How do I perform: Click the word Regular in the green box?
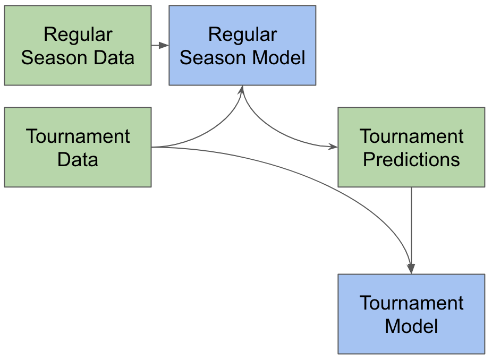(78, 35)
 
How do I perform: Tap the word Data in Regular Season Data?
(114, 58)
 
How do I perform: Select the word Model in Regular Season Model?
(278, 58)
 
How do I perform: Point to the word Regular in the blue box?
(243, 35)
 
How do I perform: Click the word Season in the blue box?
(214, 58)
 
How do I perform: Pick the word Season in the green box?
(55, 58)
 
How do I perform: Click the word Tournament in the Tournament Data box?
(78, 136)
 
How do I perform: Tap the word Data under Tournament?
(78, 159)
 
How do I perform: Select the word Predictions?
(411, 159)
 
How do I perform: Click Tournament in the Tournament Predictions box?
(411, 136)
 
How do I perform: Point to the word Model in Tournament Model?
(411, 326)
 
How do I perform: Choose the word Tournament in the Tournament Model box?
(411, 303)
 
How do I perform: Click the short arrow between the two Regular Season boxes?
(160, 46)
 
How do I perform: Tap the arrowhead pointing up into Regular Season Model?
(242, 89)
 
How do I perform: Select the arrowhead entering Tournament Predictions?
(333, 146)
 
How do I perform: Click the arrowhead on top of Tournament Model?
(411, 269)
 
